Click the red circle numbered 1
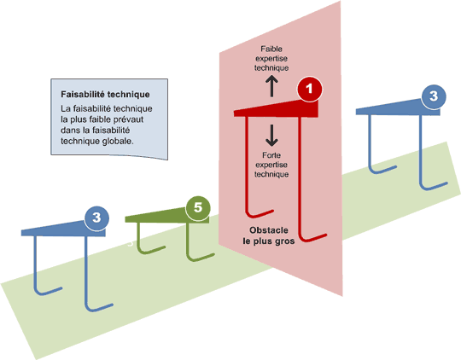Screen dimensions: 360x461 pyautogui.click(x=309, y=89)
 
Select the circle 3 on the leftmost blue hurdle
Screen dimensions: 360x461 pyautogui.click(x=96, y=219)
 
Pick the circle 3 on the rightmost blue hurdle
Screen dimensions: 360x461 pyautogui.click(x=434, y=96)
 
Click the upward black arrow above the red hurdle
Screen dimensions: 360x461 pyautogui.click(x=272, y=84)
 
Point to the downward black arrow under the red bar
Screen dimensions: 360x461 pyautogui.click(x=272, y=133)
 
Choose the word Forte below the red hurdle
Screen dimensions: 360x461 pyautogui.click(x=272, y=155)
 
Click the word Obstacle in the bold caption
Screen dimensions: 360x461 pyautogui.click(x=272, y=230)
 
